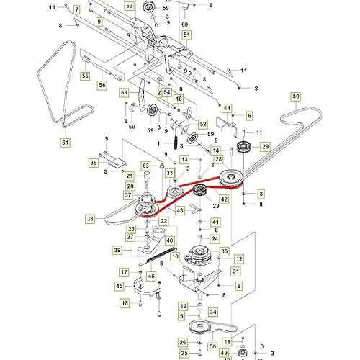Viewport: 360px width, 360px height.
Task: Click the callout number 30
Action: click(x=296, y=96)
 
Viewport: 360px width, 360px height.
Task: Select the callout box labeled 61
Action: click(x=66, y=143)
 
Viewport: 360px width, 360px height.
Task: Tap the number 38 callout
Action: click(x=89, y=218)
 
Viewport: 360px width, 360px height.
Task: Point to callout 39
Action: click(x=118, y=249)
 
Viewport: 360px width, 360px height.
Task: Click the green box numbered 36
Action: click(x=93, y=163)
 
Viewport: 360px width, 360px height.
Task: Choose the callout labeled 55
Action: click(x=84, y=76)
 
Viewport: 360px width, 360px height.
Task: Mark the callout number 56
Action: click(x=102, y=86)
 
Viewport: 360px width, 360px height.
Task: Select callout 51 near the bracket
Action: click(x=186, y=35)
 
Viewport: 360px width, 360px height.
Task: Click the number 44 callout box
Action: click(x=228, y=108)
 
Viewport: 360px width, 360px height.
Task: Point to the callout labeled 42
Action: click(x=225, y=199)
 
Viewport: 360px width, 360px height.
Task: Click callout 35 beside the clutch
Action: click(x=225, y=251)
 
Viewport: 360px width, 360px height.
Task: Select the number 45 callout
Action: click(x=120, y=286)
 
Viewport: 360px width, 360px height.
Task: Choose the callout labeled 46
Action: click(x=151, y=276)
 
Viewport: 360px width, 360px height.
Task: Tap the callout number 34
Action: click(x=212, y=312)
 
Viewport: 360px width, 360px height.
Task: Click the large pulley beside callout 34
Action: click(x=193, y=328)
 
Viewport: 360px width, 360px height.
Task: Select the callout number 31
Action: click(x=235, y=271)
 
